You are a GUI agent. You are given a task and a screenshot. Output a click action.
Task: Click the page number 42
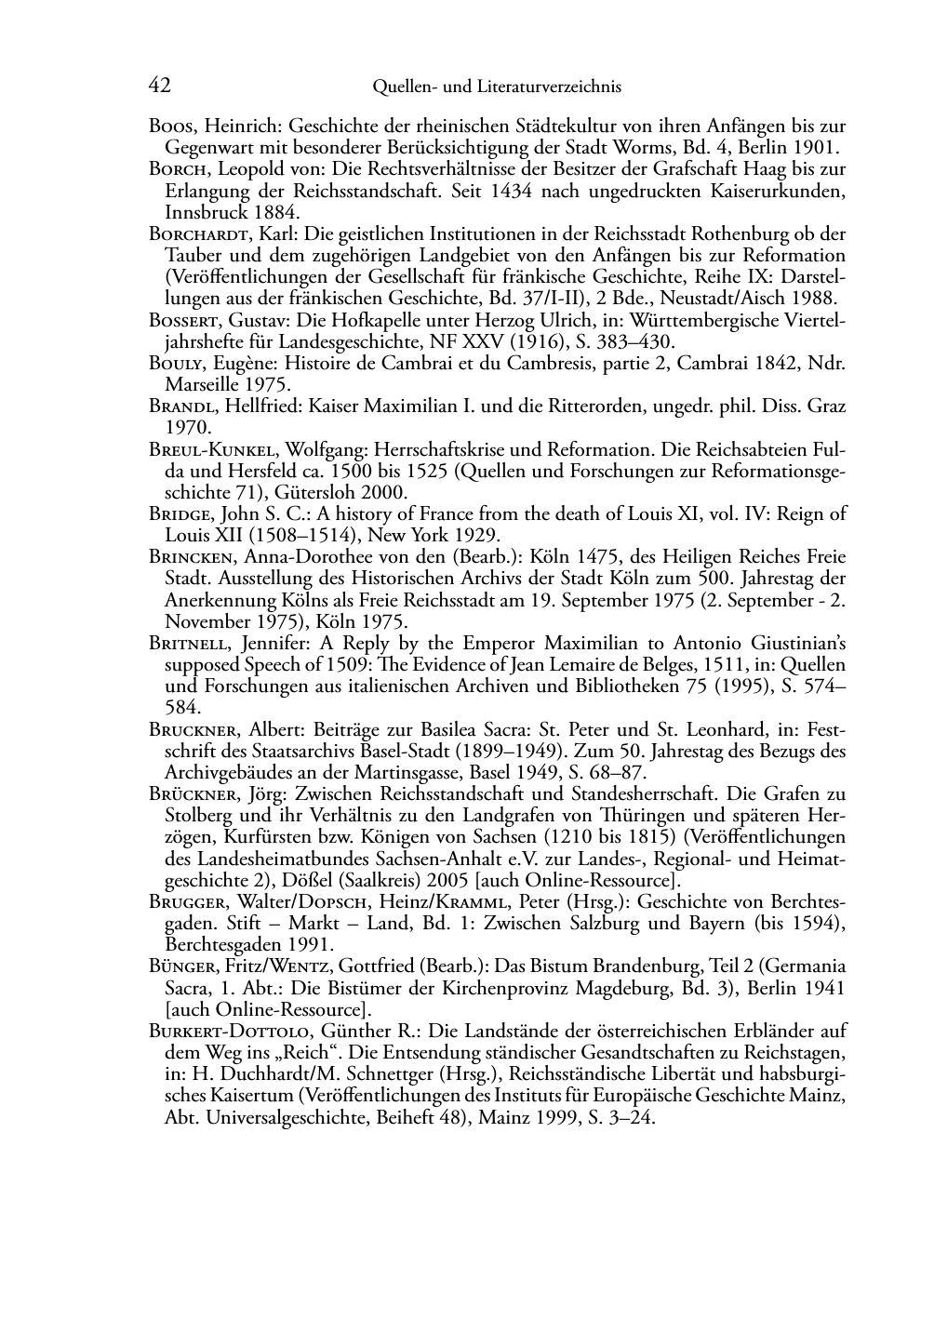click(159, 86)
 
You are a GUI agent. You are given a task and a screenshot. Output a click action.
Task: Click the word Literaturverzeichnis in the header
click(548, 87)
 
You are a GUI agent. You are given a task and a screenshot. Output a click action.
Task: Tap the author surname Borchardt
click(192, 234)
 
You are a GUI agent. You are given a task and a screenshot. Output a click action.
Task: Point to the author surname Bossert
click(181, 321)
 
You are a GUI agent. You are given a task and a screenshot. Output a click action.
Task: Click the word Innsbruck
click(199, 212)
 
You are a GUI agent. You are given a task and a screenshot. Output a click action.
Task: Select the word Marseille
click(201, 385)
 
